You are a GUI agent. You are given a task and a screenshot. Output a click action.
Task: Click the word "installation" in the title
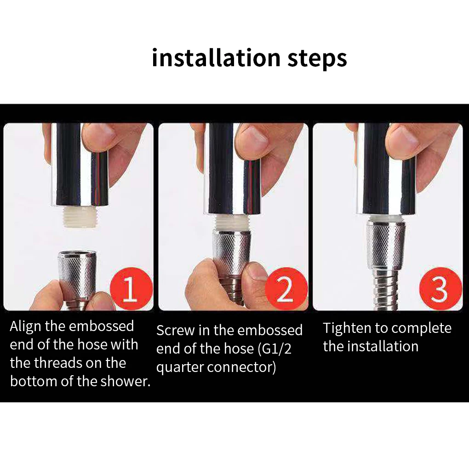[x=216, y=57]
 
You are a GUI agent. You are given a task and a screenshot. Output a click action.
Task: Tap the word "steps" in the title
[x=317, y=59]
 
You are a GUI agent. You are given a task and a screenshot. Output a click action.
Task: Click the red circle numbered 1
[x=132, y=289]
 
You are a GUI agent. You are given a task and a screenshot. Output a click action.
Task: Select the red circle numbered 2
[x=286, y=289]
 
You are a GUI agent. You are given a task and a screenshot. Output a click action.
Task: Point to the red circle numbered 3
[x=440, y=289]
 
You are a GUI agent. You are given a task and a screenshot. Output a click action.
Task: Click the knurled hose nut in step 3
[x=386, y=245]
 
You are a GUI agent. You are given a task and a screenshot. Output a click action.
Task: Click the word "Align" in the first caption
[x=26, y=326]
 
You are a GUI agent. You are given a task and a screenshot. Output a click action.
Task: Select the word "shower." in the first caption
[x=126, y=381]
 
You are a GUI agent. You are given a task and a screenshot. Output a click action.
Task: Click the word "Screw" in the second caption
[x=175, y=331]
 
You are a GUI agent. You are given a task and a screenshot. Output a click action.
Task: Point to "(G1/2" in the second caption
[x=275, y=349]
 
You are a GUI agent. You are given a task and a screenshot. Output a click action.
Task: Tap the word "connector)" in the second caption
[x=241, y=367]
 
